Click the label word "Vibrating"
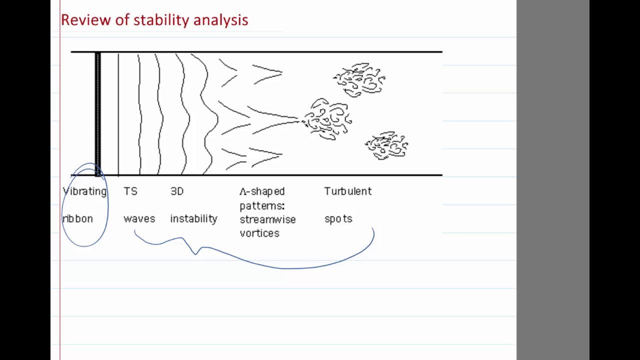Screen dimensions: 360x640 tap(85, 191)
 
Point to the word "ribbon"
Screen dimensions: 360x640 tap(77, 219)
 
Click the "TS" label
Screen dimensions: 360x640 tap(130, 191)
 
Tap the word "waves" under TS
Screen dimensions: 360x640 tap(139, 219)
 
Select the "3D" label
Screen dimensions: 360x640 tap(177, 191)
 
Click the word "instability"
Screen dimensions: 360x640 tap(193, 219)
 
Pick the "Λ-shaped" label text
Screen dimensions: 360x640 tap(262, 191)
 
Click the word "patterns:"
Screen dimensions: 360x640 tap(262, 205)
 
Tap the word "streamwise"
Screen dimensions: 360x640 tap(267, 219)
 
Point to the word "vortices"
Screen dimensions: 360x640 tap(259, 233)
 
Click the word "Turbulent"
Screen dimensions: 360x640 tap(348, 191)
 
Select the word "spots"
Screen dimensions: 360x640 tap(338, 219)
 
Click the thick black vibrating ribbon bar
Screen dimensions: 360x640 tap(98, 113)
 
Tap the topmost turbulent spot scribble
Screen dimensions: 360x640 tap(359, 79)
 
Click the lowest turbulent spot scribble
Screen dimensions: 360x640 tap(387, 145)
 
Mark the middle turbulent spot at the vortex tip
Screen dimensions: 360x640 tap(327, 119)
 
